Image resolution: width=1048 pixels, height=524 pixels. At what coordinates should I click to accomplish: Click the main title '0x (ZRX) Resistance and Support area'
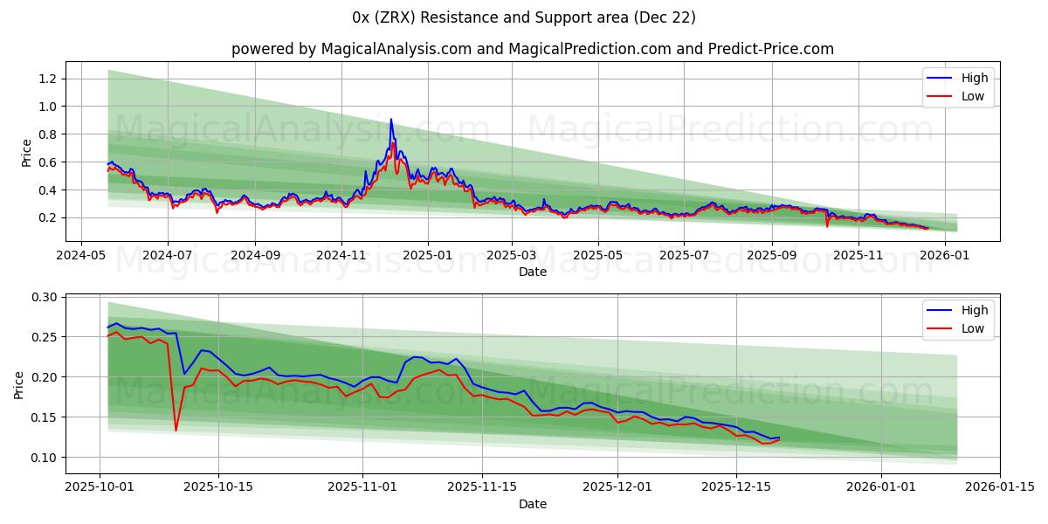pos(524,17)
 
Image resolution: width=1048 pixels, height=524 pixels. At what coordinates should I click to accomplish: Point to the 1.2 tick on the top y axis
pos(47,79)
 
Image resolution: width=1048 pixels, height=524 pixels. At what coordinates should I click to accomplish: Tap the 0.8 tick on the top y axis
pos(47,134)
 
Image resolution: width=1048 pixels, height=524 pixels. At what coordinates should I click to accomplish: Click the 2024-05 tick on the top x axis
pos(82,255)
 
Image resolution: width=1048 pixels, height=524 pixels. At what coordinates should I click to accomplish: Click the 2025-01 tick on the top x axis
pos(427,255)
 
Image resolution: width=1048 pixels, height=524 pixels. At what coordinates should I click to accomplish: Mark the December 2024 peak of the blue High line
pos(390,120)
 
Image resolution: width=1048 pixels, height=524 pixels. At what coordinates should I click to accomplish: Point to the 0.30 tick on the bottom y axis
pos(44,297)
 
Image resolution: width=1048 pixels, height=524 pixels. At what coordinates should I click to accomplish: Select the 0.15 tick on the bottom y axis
pos(44,417)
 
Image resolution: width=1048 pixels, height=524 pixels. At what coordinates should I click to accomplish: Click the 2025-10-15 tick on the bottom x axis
pos(218,487)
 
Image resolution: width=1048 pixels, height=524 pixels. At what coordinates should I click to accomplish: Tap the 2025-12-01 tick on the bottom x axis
pos(617,487)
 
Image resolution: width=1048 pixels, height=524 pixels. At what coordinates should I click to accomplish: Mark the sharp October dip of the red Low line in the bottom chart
pos(176,430)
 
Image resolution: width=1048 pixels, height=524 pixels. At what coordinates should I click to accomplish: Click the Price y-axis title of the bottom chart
pos(19,384)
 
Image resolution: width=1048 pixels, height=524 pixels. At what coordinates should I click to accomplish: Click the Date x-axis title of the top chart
pos(533,272)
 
